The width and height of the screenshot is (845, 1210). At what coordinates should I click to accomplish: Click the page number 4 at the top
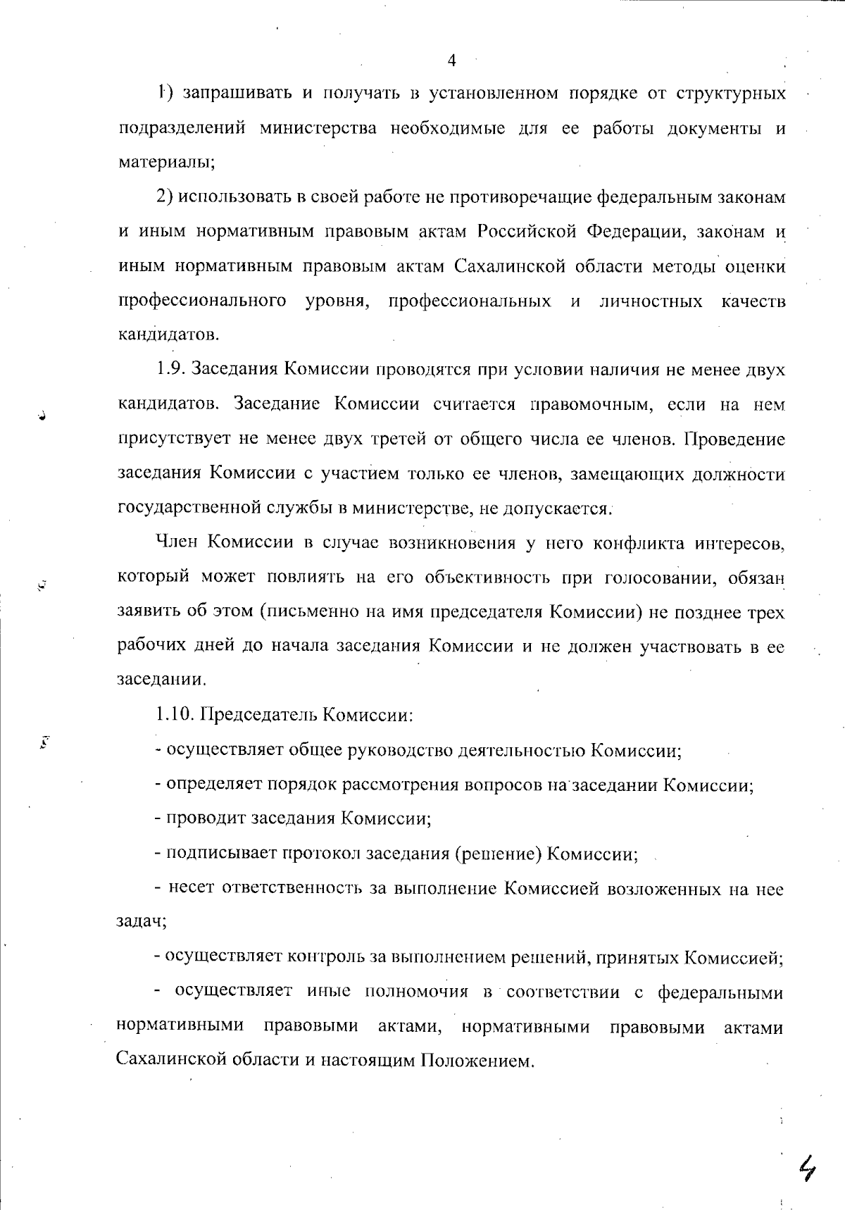451,61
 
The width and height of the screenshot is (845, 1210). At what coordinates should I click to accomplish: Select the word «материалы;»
166,163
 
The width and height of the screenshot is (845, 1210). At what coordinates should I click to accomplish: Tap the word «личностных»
651,301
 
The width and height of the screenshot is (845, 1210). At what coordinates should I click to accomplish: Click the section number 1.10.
175,716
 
